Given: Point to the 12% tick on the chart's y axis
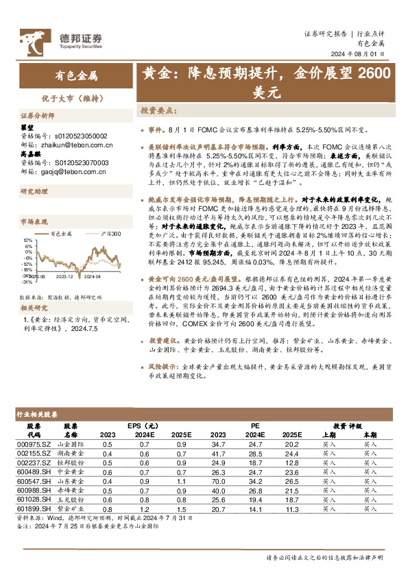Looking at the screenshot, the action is pos(27,241).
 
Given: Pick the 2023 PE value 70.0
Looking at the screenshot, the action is pos(219,482).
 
